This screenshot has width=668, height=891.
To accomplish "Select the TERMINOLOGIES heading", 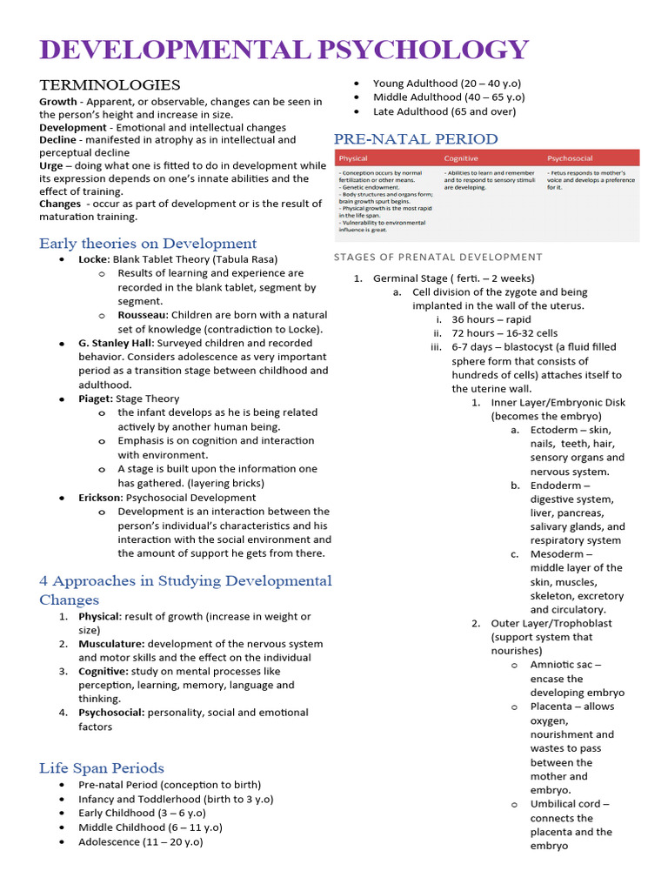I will pyautogui.click(x=110, y=84).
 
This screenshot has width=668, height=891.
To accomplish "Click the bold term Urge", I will pyautogui.click(x=52, y=165).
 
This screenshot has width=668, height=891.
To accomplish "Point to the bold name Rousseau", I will pyautogui.click(x=143, y=315).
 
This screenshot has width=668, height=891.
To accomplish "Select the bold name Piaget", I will pyautogui.click(x=95, y=399).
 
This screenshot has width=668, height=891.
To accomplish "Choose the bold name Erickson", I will pyautogui.click(x=101, y=498).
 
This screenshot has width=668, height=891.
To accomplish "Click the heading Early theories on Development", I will pyautogui.click(x=148, y=244).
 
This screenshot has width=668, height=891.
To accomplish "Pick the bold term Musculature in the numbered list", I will pyautogui.click(x=110, y=644).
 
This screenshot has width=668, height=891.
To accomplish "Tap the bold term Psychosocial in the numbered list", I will pyautogui.click(x=110, y=713).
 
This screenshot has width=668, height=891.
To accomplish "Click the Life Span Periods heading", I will pyautogui.click(x=101, y=767).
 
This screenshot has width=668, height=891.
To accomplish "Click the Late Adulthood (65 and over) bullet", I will pyautogui.click(x=444, y=111).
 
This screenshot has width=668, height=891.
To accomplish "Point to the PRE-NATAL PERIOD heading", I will pyautogui.click(x=416, y=139).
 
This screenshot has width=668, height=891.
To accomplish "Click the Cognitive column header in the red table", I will pyautogui.click(x=461, y=158).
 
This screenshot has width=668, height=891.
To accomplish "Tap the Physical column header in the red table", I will pyautogui.click(x=353, y=158).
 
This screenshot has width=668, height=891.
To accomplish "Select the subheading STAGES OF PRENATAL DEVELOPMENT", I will pyautogui.click(x=438, y=257).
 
